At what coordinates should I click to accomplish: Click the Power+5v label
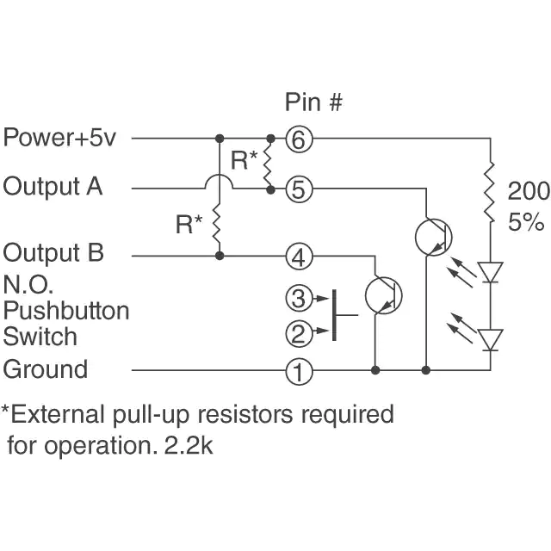[59, 138]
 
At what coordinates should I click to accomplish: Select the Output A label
[53, 186]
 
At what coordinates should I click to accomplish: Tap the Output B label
[53, 253]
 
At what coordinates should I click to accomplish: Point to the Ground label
[46, 369]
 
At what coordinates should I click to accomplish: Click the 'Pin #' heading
[314, 102]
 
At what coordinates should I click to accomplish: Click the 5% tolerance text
[526, 222]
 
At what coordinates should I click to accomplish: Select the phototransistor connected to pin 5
[430, 235]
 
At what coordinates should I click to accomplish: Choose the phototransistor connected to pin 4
[382, 294]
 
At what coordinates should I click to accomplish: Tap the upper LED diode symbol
[491, 272]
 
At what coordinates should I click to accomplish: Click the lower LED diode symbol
[491, 339]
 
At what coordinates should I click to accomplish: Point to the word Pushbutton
[66, 310]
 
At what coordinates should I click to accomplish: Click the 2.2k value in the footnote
[192, 447]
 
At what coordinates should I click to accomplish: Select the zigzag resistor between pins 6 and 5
[270, 163]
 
